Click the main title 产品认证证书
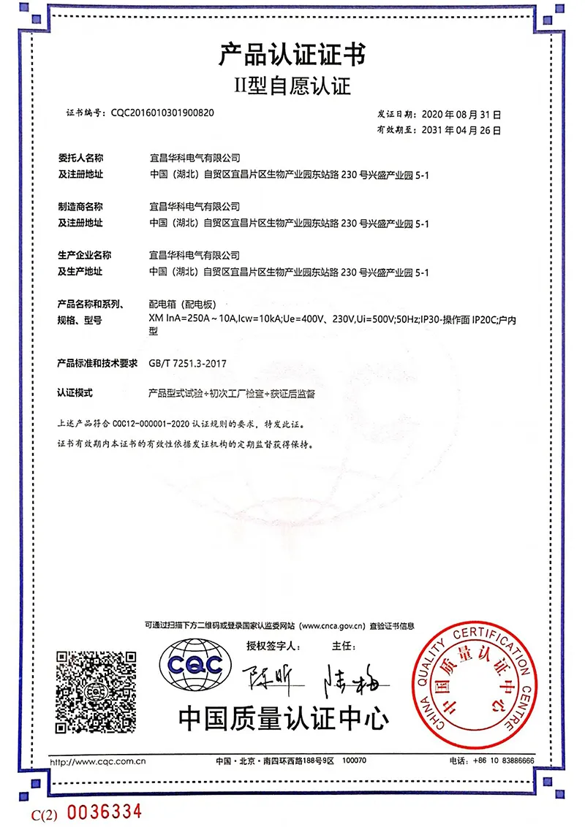point(292,55)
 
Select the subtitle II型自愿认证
point(292,87)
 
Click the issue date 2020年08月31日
point(458,115)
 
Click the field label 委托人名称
point(81,158)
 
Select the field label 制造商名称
point(81,207)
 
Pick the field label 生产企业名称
point(85,256)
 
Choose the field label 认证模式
point(75,392)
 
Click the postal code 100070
point(354,761)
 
